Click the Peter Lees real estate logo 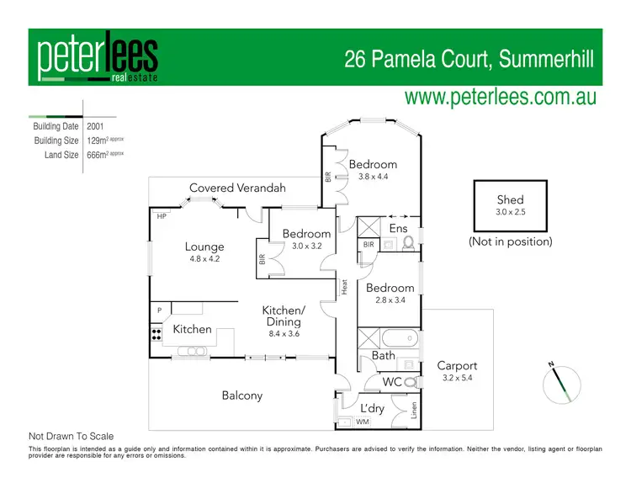pyautogui.click(x=97, y=59)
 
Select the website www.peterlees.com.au pyautogui.click(x=501, y=97)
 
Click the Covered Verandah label pyautogui.click(x=237, y=188)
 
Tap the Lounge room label pyautogui.click(x=204, y=247)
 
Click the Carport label pyautogui.click(x=457, y=366)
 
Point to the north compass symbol pyautogui.click(x=561, y=383)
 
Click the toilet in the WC pyautogui.click(x=410, y=382)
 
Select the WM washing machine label pyautogui.click(x=363, y=422)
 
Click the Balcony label pyautogui.click(x=242, y=395)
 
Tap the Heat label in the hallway pyautogui.click(x=344, y=286)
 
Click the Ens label pyautogui.click(x=398, y=228)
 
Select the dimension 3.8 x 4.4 pyautogui.click(x=373, y=178)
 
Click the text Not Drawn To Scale pyautogui.click(x=72, y=437)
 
